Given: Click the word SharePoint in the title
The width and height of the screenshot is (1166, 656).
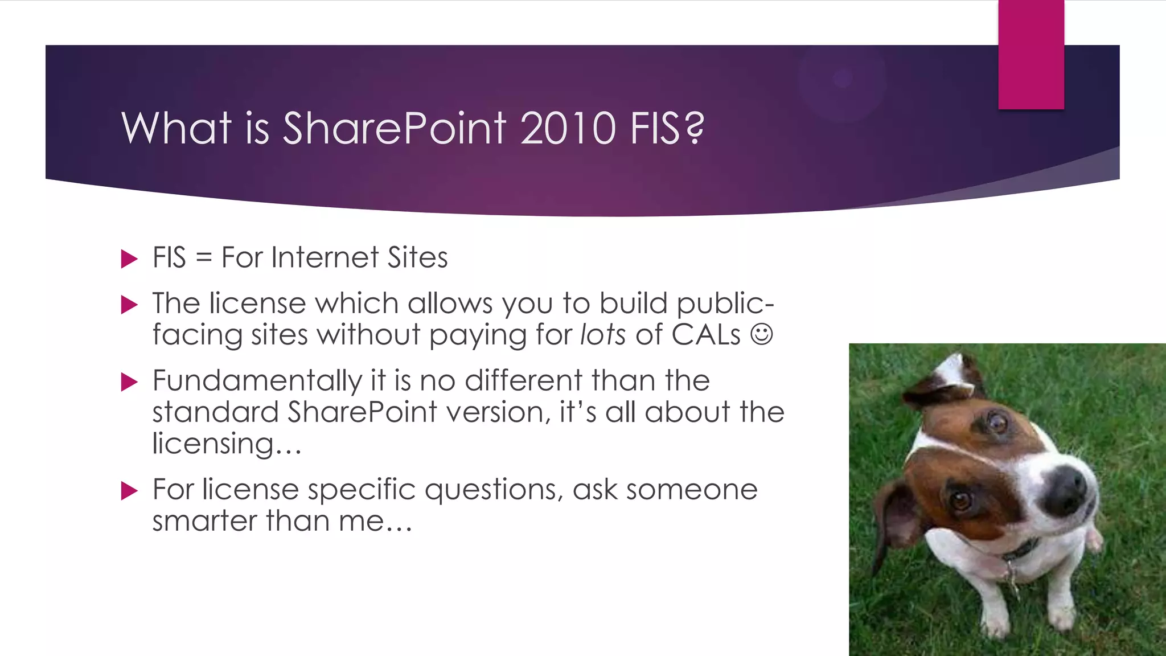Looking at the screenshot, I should [x=394, y=128].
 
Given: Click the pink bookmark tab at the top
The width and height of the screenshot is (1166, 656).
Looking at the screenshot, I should [x=1030, y=55].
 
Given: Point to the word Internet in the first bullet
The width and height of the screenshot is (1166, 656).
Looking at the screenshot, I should [x=325, y=257].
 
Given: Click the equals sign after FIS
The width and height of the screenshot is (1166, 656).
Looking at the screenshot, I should [x=203, y=259].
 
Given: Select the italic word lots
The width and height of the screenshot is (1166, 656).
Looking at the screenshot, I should [x=603, y=334].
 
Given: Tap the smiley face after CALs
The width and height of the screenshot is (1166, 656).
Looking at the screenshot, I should [x=761, y=334].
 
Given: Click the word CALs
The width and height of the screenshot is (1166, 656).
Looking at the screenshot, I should [x=706, y=334].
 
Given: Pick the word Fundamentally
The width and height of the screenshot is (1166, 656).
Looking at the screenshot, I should [x=257, y=380].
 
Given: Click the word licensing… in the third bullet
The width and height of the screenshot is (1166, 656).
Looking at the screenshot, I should [x=227, y=444].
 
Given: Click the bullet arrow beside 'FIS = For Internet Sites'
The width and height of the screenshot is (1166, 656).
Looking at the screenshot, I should [x=130, y=259].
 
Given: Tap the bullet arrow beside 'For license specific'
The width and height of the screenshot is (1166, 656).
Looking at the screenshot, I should [x=130, y=490].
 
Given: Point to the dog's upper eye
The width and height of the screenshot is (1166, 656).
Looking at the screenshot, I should [x=997, y=423].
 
